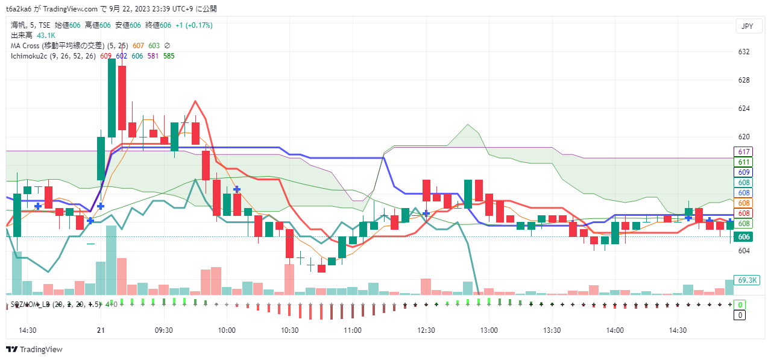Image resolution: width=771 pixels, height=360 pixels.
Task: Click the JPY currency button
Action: [x=747, y=27]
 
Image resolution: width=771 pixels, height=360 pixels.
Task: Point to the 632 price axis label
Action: [x=743, y=52]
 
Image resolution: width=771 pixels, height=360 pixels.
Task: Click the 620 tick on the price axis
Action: [x=743, y=137]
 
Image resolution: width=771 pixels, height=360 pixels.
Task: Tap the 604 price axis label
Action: [x=743, y=251]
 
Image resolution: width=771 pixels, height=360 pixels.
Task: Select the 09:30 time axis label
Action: [x=164, y=330]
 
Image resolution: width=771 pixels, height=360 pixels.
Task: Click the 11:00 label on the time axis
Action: [x=353, y=330]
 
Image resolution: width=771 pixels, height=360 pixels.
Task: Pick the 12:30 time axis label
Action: [x=426, y=330]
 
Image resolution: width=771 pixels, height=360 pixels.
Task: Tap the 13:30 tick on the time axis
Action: [x=552, y=330]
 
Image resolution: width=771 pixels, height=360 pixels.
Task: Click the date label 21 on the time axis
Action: [x=101, y=330]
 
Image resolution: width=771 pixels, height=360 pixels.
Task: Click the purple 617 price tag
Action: [x=743, y=151]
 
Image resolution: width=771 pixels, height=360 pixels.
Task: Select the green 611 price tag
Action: [x=743, y=162]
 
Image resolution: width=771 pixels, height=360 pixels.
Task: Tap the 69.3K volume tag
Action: [x=747, y=280]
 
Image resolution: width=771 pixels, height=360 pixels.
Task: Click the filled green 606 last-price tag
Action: [x=744, y=238]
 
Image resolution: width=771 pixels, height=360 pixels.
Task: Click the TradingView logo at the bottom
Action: [x=34, y=350]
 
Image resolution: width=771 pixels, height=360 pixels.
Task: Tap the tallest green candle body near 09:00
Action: [x=112, y=98]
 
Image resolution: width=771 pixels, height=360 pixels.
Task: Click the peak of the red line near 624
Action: [x=195, y=101]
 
